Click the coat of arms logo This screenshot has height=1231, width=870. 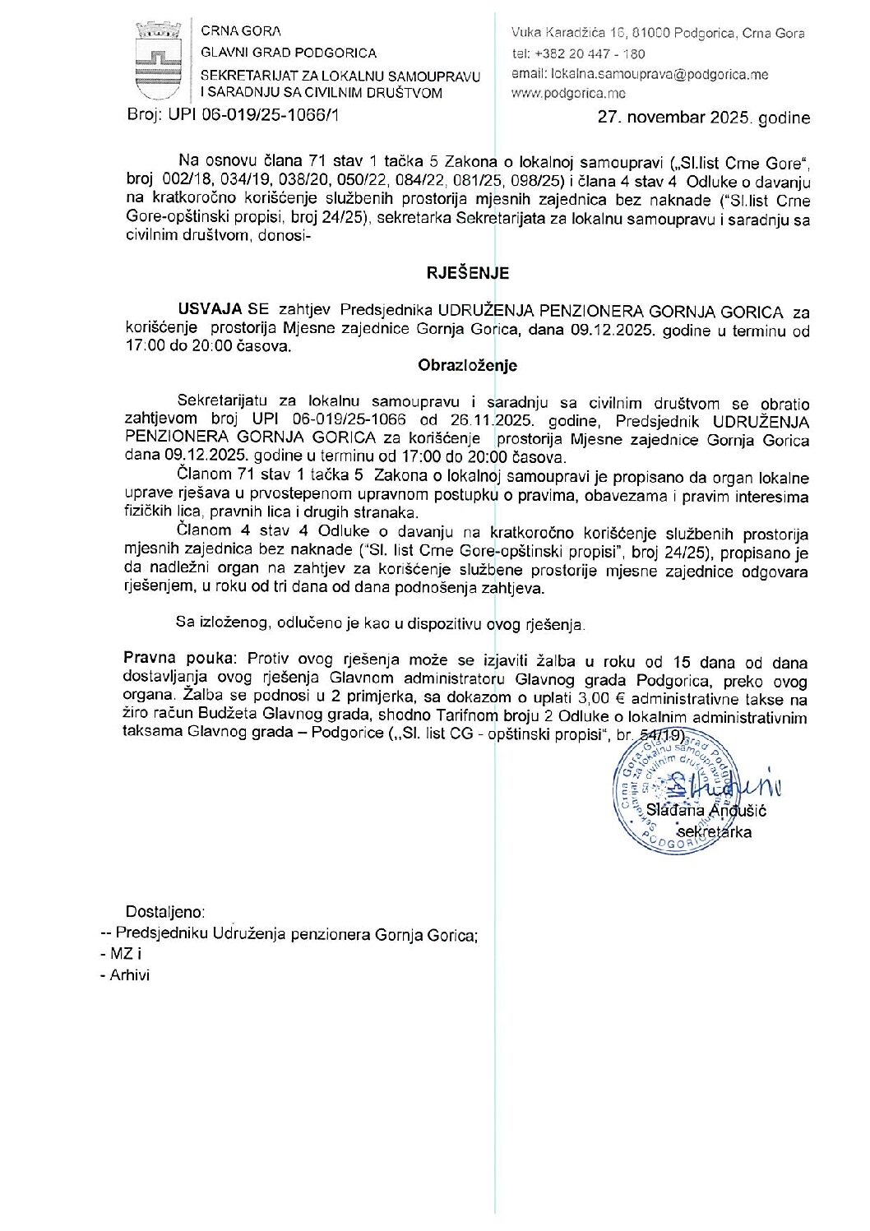pos(159,62)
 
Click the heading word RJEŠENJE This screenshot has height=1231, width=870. pos(467,273)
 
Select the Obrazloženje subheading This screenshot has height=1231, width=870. pos(467,365)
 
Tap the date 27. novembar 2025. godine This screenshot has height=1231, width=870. pos(703,118)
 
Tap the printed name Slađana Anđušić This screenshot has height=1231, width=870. pos(706,810)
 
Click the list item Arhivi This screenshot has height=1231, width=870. pos(129,975)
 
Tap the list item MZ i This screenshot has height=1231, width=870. pos(125,955)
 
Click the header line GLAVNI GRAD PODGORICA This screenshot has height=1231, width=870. pos(289,53)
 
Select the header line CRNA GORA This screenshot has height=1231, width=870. pos(241,31)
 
